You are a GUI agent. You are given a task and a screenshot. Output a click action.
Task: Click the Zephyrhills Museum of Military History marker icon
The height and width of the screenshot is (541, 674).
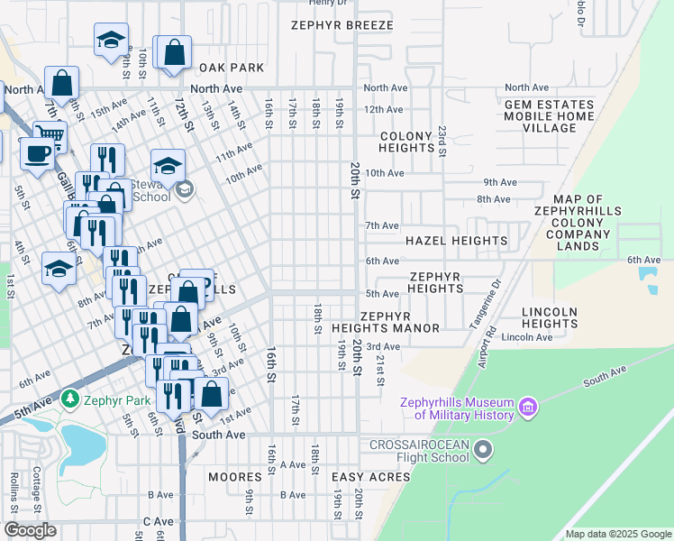528,408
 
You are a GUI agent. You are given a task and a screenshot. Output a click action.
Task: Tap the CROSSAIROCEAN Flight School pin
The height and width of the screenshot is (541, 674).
484,449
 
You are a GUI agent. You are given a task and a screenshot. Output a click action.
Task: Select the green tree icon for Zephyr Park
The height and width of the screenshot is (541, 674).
69,398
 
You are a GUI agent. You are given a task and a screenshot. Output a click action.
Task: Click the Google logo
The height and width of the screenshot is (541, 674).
31,530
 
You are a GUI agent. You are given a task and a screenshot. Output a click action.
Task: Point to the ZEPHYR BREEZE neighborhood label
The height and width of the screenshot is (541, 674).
342,25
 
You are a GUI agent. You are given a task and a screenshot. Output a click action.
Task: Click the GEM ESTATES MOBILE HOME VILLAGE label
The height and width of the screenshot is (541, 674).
549,116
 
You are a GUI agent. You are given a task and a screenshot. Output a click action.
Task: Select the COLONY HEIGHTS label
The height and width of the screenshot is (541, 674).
406,142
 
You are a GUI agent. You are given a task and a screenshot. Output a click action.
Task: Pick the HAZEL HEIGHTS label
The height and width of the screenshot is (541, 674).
456,241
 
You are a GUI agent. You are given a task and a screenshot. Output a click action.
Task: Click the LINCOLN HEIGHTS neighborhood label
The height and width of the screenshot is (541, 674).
549,317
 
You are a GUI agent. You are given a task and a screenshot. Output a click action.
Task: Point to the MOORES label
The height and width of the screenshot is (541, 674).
234,476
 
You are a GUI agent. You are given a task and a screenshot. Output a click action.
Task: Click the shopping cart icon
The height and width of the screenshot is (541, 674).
50,136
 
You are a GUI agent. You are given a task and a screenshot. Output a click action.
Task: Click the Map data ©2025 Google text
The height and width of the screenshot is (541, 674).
617,534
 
